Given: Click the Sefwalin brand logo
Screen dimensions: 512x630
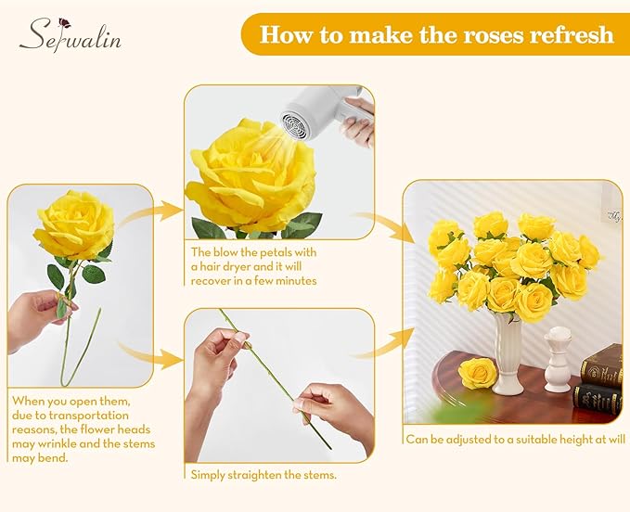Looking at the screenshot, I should click(70, 36).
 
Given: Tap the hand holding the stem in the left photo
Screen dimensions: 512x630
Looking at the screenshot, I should click(37, 316).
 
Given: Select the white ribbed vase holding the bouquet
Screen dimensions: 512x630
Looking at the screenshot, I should click(508, 353).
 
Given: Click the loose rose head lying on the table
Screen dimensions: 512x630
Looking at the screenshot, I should click(479, 373).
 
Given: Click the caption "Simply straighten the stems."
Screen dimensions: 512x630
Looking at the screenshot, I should click(263, 475).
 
